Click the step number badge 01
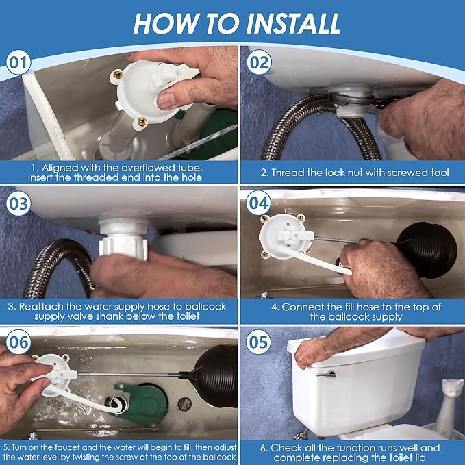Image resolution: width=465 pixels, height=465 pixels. click(x=18, y=63)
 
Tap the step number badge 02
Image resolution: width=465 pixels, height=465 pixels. click(x=260, y=63)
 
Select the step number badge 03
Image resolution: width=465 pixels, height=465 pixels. click(x=18, y=205)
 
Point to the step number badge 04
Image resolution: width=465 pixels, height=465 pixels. click(x=260, y=205)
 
